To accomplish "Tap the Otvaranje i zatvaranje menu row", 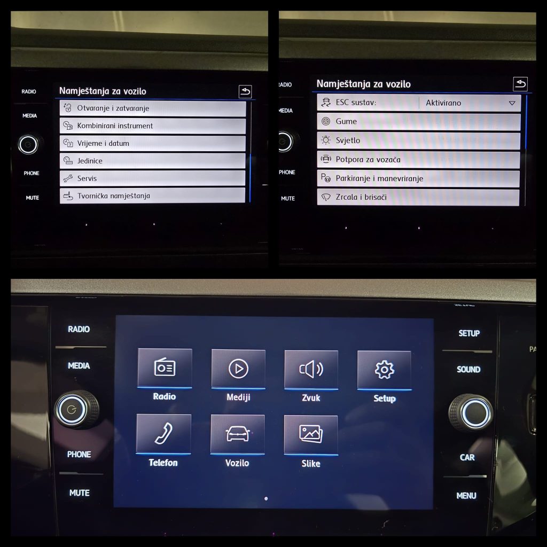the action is coord(153,108).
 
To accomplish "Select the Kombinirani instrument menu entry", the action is coord(153,126).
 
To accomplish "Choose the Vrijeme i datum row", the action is coord(153,143).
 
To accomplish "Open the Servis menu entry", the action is coord(152,178).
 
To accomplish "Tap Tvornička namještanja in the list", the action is coord(152,196).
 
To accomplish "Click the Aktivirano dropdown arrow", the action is coord(512,103).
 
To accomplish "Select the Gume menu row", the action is coord(419,122).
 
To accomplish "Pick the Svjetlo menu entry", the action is coord(419,140).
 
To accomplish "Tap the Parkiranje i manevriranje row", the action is coord(418,178).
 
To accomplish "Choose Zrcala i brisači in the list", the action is coord(418,198).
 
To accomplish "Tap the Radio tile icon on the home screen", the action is coord(165,368).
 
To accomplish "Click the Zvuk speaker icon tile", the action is coord(311,370).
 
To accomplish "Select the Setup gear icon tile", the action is coord(384,370).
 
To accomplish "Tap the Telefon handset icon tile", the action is coord(163,434).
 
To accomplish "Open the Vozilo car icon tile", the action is coord(238,434).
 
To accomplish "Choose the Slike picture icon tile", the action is coord(311,435).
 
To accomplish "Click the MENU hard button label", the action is coord(466,496).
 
